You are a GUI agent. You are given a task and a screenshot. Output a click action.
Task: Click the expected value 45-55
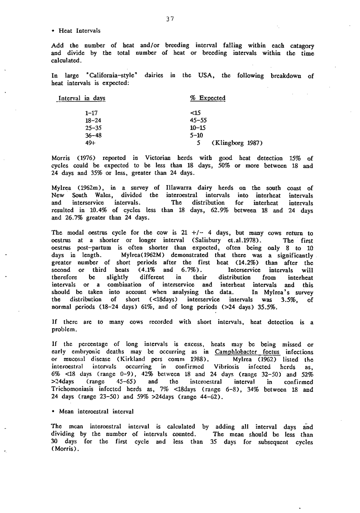[x=198, y=120]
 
